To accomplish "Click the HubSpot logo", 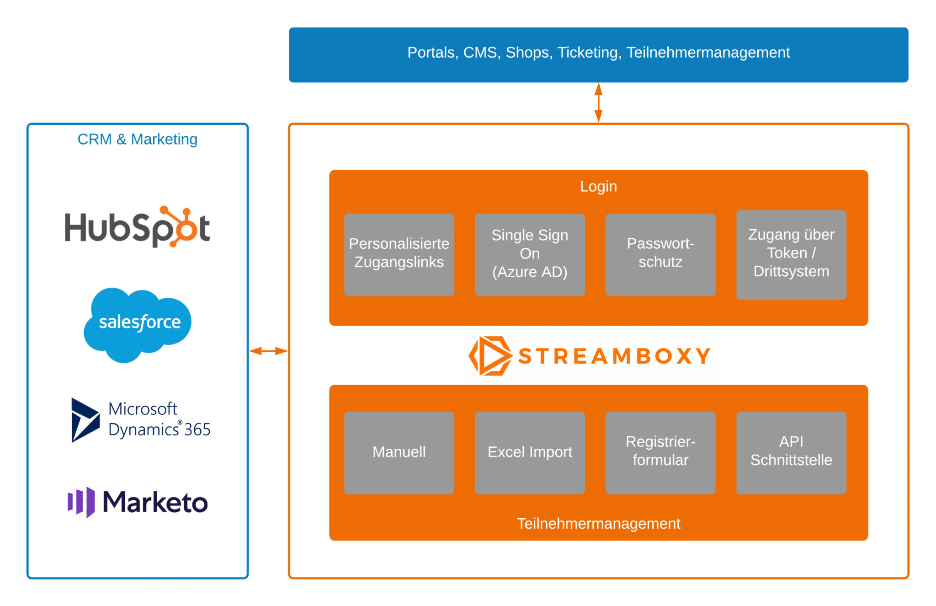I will [x=137, y=227].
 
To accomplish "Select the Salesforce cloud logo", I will [x=138, y=324].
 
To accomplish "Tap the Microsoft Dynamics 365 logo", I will [x=141, y=419].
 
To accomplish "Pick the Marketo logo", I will [x=138, y=502].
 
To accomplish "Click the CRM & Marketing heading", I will [x=137, y=139].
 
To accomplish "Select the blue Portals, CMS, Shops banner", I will [x=598, y=54].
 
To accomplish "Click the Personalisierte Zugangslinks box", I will [x=399, y=255].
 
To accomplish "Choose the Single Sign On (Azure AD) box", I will [x=530, y=255].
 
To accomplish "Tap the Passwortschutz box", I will [x=660, y=255].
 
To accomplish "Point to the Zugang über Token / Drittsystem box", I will [x=791, y=255].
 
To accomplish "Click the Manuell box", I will [x=399, y=453].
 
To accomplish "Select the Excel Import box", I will [x=530, y=453].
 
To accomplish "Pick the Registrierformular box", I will [x=660, y=453].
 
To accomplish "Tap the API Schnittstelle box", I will [x=791, y=453].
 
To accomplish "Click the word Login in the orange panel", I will [x=598, y=187].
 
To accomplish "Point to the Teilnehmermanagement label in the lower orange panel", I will [x=598, y=524].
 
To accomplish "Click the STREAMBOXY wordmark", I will [x=615, y=356].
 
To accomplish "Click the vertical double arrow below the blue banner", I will [x=598, y=103].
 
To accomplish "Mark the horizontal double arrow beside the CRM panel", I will [x=268, y=351].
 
